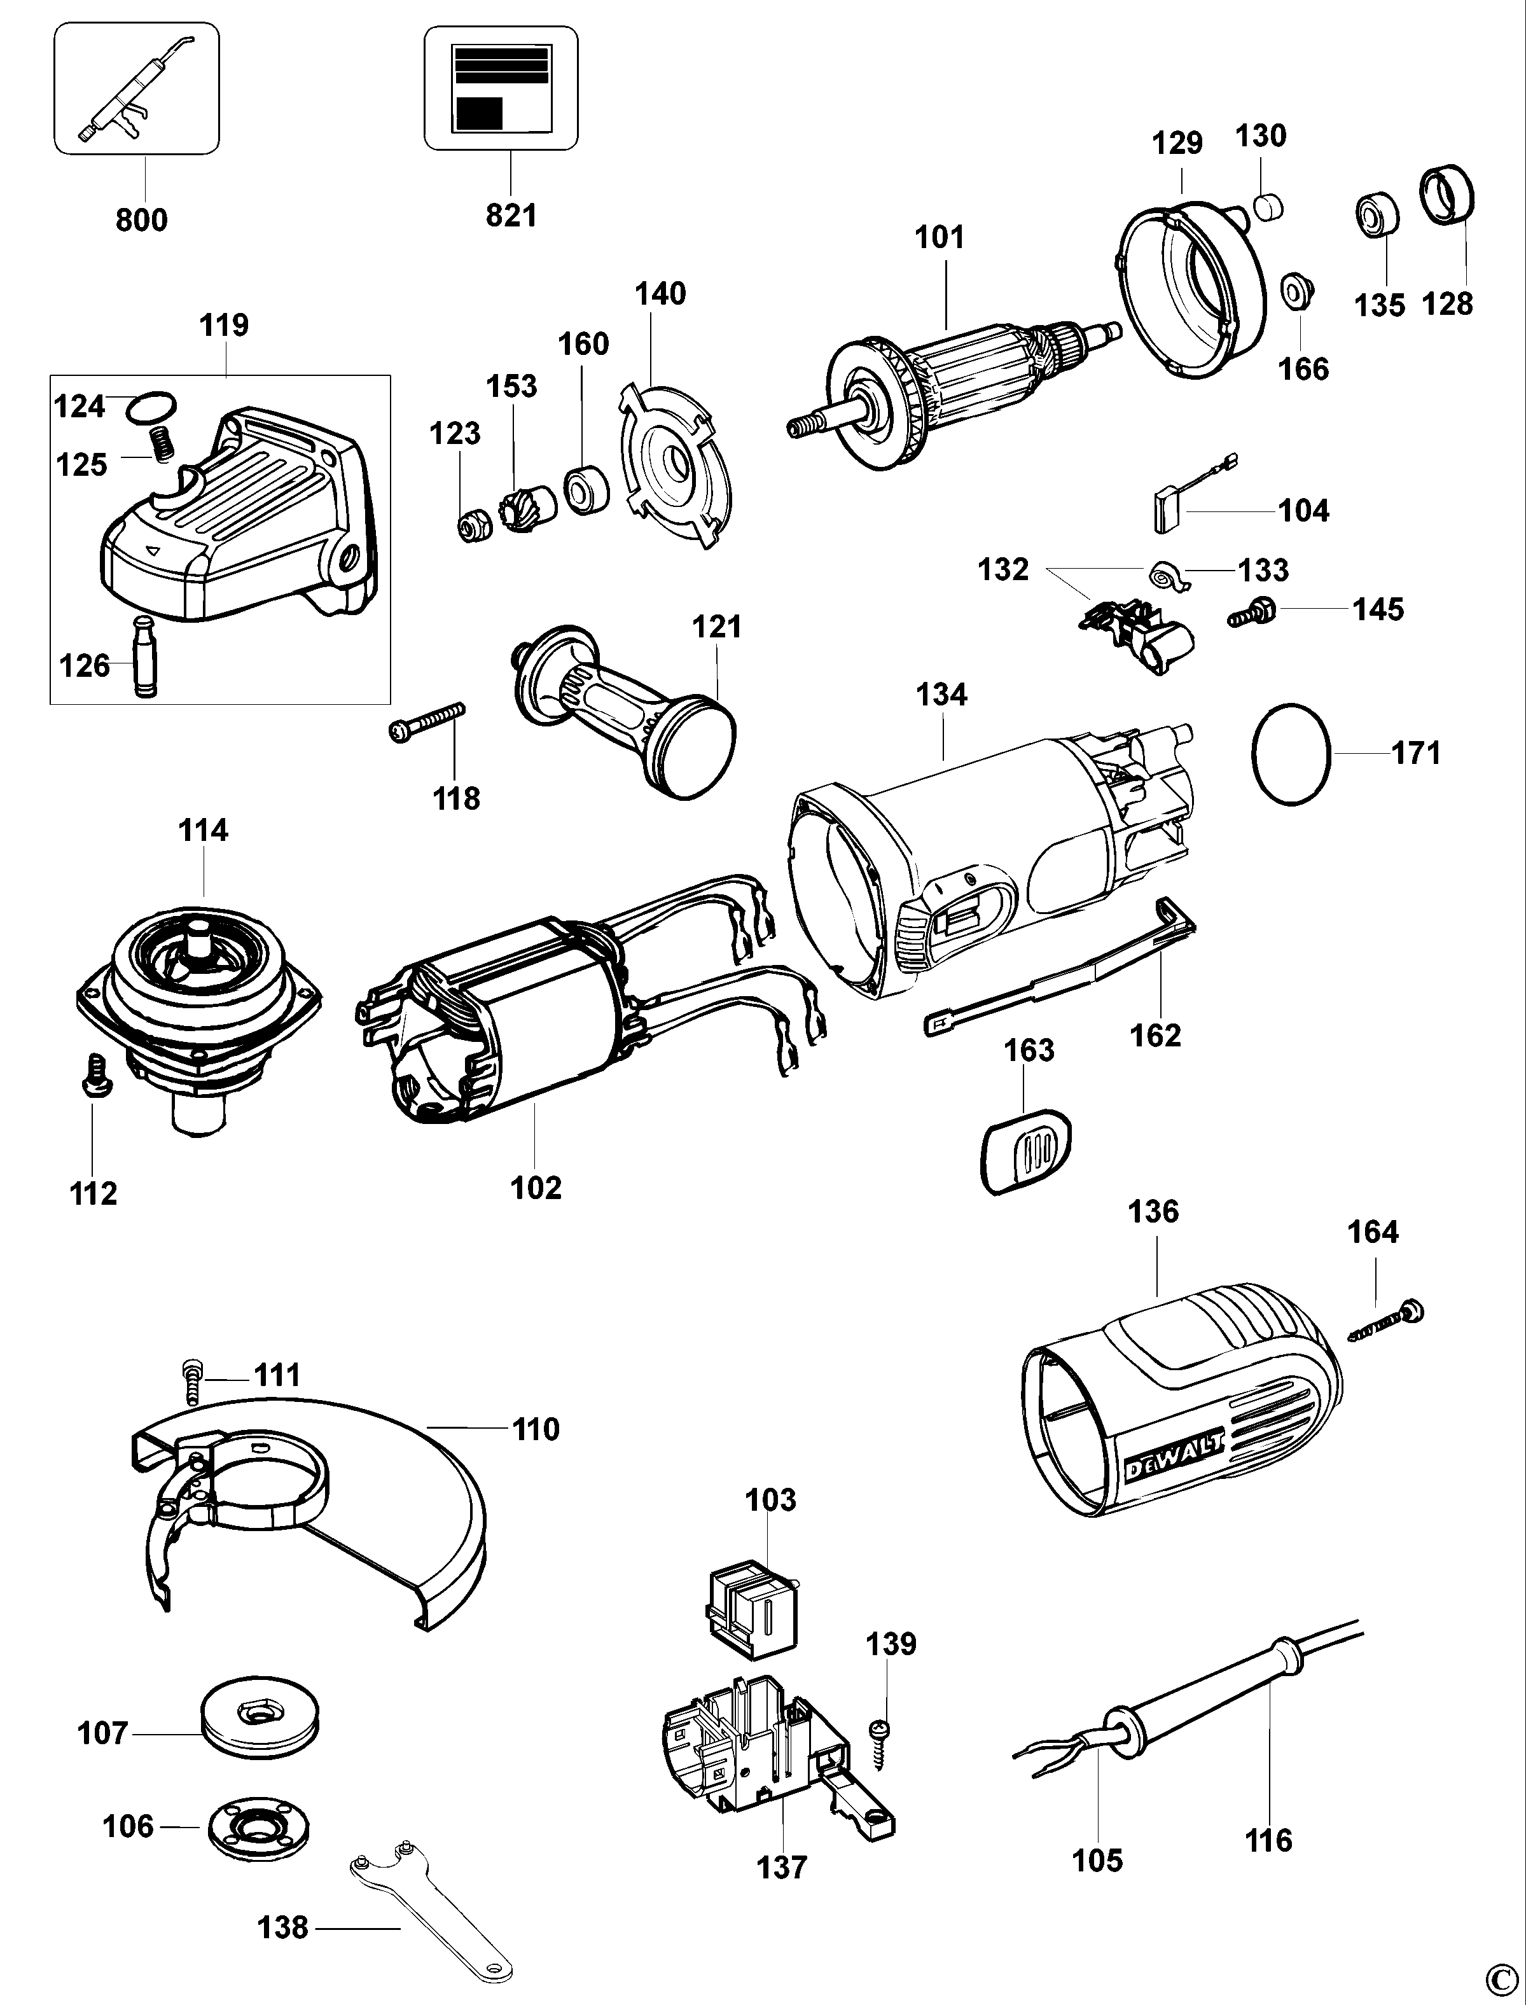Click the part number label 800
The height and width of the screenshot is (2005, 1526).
142,220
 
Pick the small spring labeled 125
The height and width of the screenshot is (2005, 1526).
162,444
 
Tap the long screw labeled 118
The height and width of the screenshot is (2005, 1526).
426,724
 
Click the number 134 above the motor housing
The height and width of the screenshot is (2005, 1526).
941,695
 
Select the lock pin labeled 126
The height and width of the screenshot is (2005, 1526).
145,656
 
